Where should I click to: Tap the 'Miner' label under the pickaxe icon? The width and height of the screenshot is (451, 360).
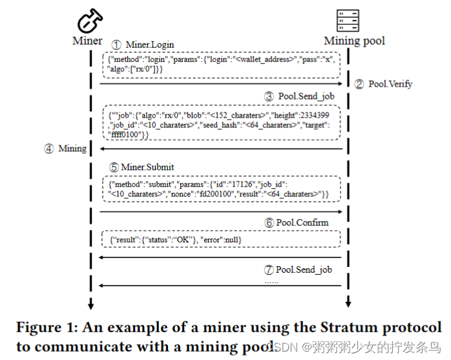pyautogui.click(x=87, y=41)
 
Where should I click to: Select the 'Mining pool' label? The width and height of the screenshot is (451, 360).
pyautogui.click(x=353, y=41)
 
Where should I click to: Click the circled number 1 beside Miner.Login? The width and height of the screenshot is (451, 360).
pyautogui.click(x=116, y=45)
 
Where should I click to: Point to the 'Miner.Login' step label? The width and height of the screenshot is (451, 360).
pyautogui.click(x=150, y=45)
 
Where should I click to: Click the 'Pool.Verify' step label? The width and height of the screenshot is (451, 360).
pyautogui.click(x=390, y=84)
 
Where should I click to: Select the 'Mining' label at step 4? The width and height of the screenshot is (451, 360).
pyautogui.click(x=72, y=149)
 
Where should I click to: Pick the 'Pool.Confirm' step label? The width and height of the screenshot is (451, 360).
pyautogui.click(x=302, y=222)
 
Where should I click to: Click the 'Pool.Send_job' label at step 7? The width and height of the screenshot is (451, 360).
pyautogui.click(x=304, y=269)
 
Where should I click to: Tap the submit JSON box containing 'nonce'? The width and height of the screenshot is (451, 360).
pyautogui.click(x=220, y=189)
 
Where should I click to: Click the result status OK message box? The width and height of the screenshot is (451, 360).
pyautogui.click(x=220, y=240)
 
